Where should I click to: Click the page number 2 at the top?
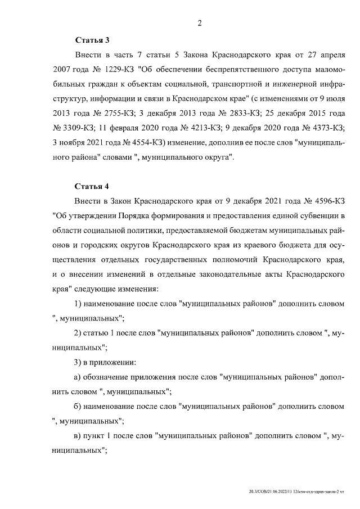[200, 23]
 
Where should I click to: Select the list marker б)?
[78, 406]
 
